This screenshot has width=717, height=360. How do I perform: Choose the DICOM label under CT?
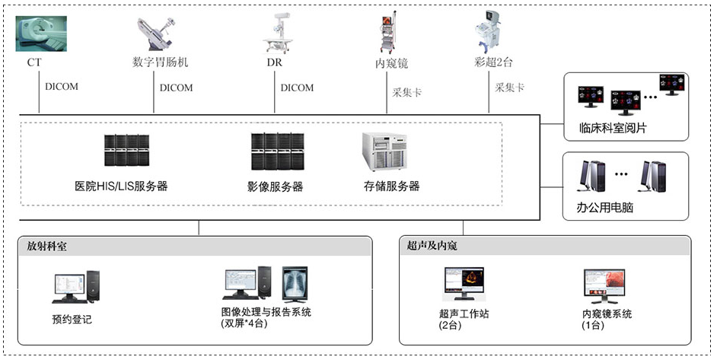62,87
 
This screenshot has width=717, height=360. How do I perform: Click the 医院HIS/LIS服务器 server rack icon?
126,151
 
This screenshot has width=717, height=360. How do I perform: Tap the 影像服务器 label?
275,186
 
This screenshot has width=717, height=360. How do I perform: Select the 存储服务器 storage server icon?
384,151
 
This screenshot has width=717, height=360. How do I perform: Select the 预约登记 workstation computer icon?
75,288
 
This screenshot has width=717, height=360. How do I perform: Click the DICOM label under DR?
297,88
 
